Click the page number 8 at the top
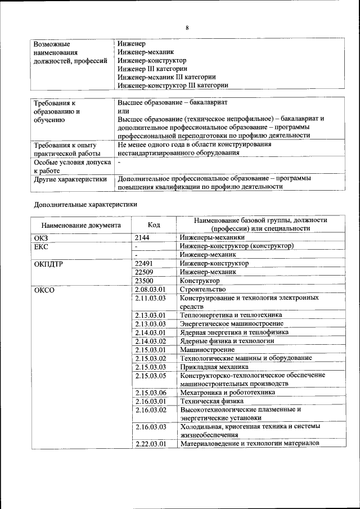187,28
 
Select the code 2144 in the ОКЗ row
142,238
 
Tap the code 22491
145,263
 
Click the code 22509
145,272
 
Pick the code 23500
145,280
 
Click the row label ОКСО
44,289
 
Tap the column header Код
154,225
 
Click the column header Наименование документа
81,225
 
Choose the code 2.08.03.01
150,289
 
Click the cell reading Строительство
202,289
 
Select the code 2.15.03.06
151,393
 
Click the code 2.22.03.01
151,444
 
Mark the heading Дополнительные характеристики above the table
85,205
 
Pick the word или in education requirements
124,111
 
